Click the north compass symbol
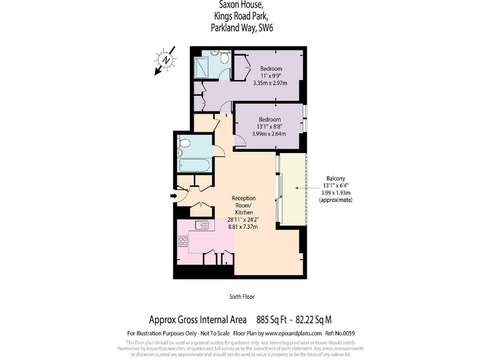click(x=166, y=60)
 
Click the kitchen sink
click(x=202, y=225)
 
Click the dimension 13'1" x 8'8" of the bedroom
click(x=269, y=126)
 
